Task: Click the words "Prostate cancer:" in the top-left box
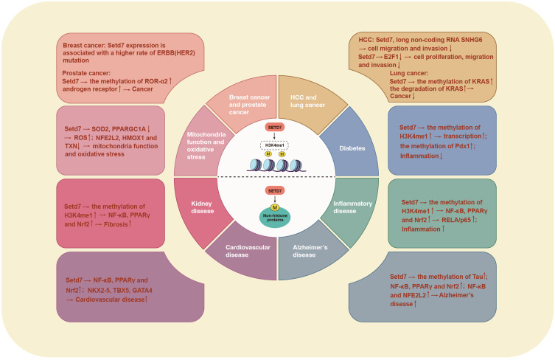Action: coord(84,72)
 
